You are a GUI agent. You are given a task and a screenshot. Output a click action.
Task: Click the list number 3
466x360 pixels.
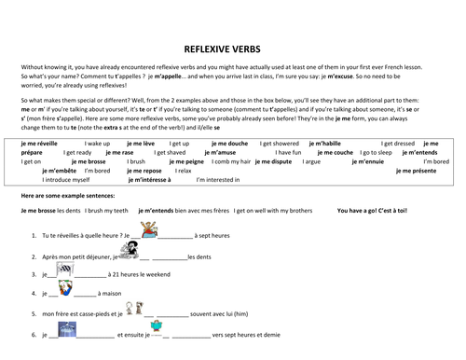[34, 275]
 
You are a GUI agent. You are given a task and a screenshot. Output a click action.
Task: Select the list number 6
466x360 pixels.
[34, 334]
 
